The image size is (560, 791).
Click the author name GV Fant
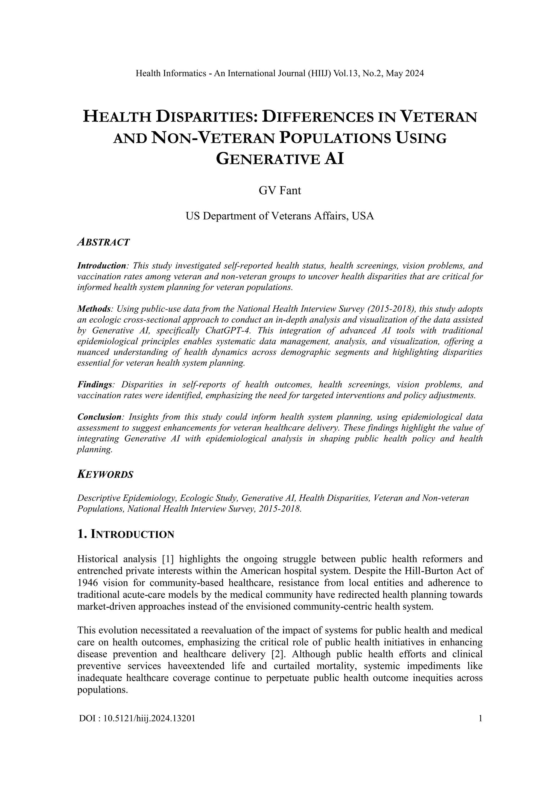tap(280, 191)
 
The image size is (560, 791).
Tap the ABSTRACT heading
tap(103, 242)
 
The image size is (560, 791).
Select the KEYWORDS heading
tap(105, 474)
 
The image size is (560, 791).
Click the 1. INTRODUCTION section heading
tap(126, 534)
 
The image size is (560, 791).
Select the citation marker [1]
tap(167, 559)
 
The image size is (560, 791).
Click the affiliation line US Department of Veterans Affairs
tap(280, 216)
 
